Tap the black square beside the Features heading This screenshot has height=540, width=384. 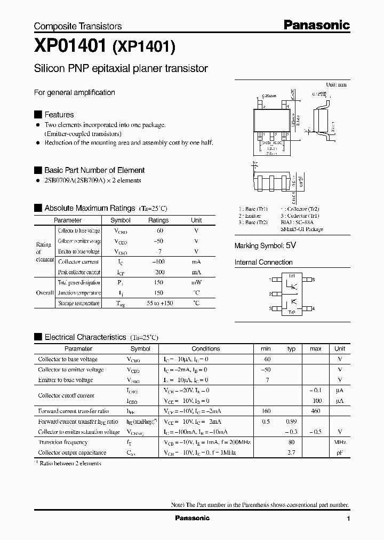[38, 115]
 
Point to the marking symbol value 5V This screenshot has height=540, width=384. [291, 246]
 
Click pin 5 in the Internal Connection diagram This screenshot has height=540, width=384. [313, 280]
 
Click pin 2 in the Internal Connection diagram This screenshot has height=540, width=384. [271, 294]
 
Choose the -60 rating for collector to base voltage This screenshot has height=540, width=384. [158, 231]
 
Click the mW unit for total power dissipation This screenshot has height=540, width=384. [196, 283]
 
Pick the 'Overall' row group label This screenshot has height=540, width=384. [44, 293]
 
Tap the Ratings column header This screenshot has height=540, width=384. [158, 220]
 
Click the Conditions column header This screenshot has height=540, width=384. [205, 348]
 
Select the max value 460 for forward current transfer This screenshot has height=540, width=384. [315, 411]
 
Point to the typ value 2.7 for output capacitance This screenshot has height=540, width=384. [291, 452]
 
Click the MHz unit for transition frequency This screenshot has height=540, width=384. [340, 442]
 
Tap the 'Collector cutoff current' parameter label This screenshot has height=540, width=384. [66, 395]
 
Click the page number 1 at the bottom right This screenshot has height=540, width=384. [348, 519]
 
